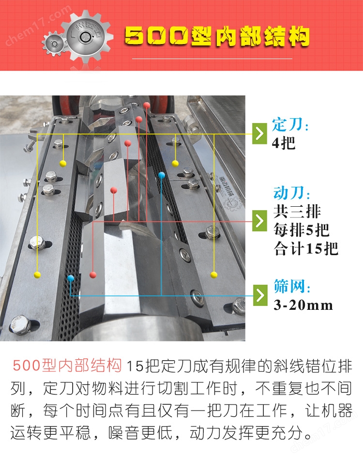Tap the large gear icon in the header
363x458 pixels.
pyautogui.click(x=87, y=36)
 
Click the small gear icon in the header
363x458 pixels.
pyautogui.click(x=54, y=44)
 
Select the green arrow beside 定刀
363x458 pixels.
pyautogui.click(x=259, y=134)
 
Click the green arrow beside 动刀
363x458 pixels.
pyautogui.click(x=259, y=221)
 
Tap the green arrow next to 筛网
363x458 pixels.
pyautogui.click(x=260, y=295)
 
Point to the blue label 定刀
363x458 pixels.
pyautogui.click(x=290, y=125)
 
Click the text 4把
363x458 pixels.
pyautogui.click(x=283, y=143)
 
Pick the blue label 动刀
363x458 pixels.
pyautogui.click(x=291, y=193)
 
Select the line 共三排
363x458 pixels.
pyautogui.click(x=297, y=211)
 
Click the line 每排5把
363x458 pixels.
pyautogui.click(x=301, y=230)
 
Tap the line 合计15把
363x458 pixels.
pyautogui.click(x=305, y=248)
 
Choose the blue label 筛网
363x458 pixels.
pyautogui.click(x=291, y=286)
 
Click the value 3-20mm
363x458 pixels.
pyautogui.click(x=303, y=305)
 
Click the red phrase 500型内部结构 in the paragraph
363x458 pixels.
pyautogui.click(x=67, y=365)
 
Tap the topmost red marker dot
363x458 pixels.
pyautogui.click(x=147, y=105)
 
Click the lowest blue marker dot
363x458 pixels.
pyautogui.click(x=70, y=278)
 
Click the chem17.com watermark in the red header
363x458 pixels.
pyautogui.click(x=38, y=26)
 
